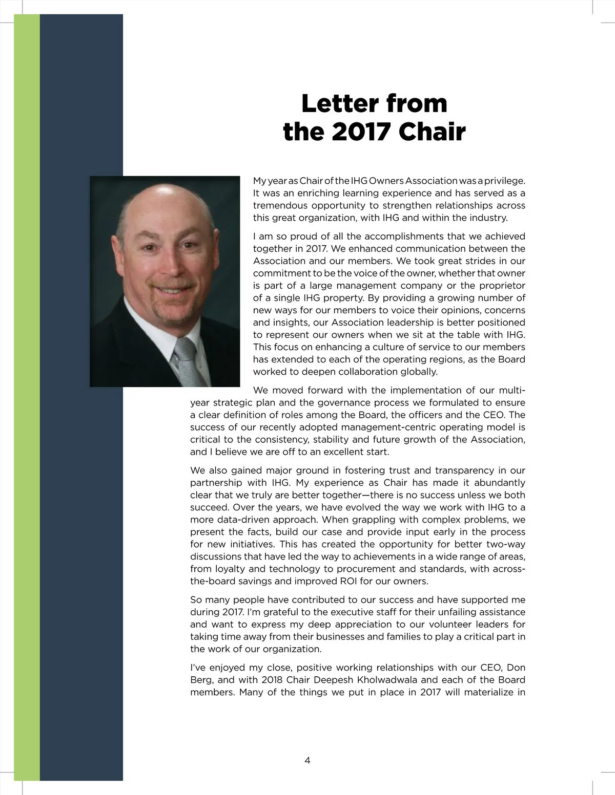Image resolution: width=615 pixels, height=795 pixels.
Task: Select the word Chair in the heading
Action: [432, 132]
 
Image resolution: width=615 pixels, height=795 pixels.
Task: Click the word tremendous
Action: [280, 206]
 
